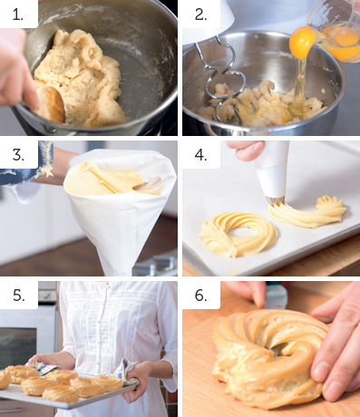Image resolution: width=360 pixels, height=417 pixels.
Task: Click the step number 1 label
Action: tap(18, 15)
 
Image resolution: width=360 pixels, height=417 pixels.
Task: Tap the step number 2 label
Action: tap(200, 15)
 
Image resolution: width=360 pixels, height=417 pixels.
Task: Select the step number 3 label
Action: tap(18, 155)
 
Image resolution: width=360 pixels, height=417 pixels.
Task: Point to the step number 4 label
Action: tap(200, 155)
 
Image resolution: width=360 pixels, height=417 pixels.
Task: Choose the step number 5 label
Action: tap(18, 295)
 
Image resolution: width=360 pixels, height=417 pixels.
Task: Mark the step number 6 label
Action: tap(200, 295)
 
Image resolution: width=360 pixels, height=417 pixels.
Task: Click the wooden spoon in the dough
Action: tap(52, 103)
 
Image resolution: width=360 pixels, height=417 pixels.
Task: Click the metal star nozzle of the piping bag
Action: tap(275, 200)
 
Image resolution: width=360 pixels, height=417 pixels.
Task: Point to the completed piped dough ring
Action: tap(238, 234)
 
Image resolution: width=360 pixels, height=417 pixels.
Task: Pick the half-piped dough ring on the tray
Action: tap(307, 212)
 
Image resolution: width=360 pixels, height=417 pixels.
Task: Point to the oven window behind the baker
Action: tap(18, 344)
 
